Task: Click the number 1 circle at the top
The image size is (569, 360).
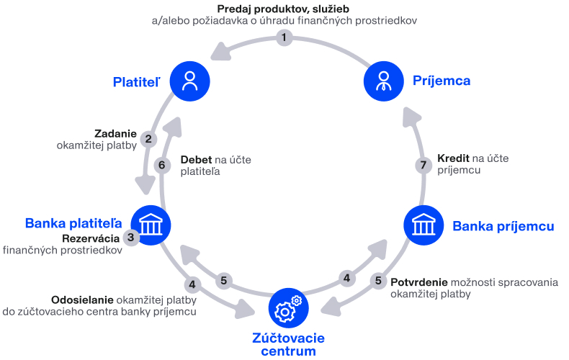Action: [284, 37]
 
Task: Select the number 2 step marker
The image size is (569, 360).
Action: [148, 139]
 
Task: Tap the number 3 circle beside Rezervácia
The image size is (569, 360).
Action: [130, 238]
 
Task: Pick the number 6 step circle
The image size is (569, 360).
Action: [162, 165]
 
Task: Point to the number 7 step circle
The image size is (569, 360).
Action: [423, 165]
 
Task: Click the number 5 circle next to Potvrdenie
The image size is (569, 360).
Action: [378, 281]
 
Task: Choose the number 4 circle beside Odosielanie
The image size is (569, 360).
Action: [192, 284]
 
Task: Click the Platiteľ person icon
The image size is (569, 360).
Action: [190, 81]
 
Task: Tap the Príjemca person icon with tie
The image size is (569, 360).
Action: [384, 81]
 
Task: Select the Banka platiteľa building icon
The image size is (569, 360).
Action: [151, 225]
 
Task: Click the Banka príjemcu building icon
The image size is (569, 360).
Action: [424, 225]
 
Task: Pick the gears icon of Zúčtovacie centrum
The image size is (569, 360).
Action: [289, 307]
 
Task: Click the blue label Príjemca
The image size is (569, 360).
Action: [442, 81]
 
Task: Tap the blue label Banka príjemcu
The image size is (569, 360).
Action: [503, 226]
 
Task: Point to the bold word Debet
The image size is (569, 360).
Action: [197, 160]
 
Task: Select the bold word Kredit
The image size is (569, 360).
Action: [453, 158]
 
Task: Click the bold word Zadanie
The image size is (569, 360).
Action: [115, 133]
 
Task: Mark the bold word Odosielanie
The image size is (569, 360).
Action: [82, 300]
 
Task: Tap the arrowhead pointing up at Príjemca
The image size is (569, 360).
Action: [411, 117]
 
